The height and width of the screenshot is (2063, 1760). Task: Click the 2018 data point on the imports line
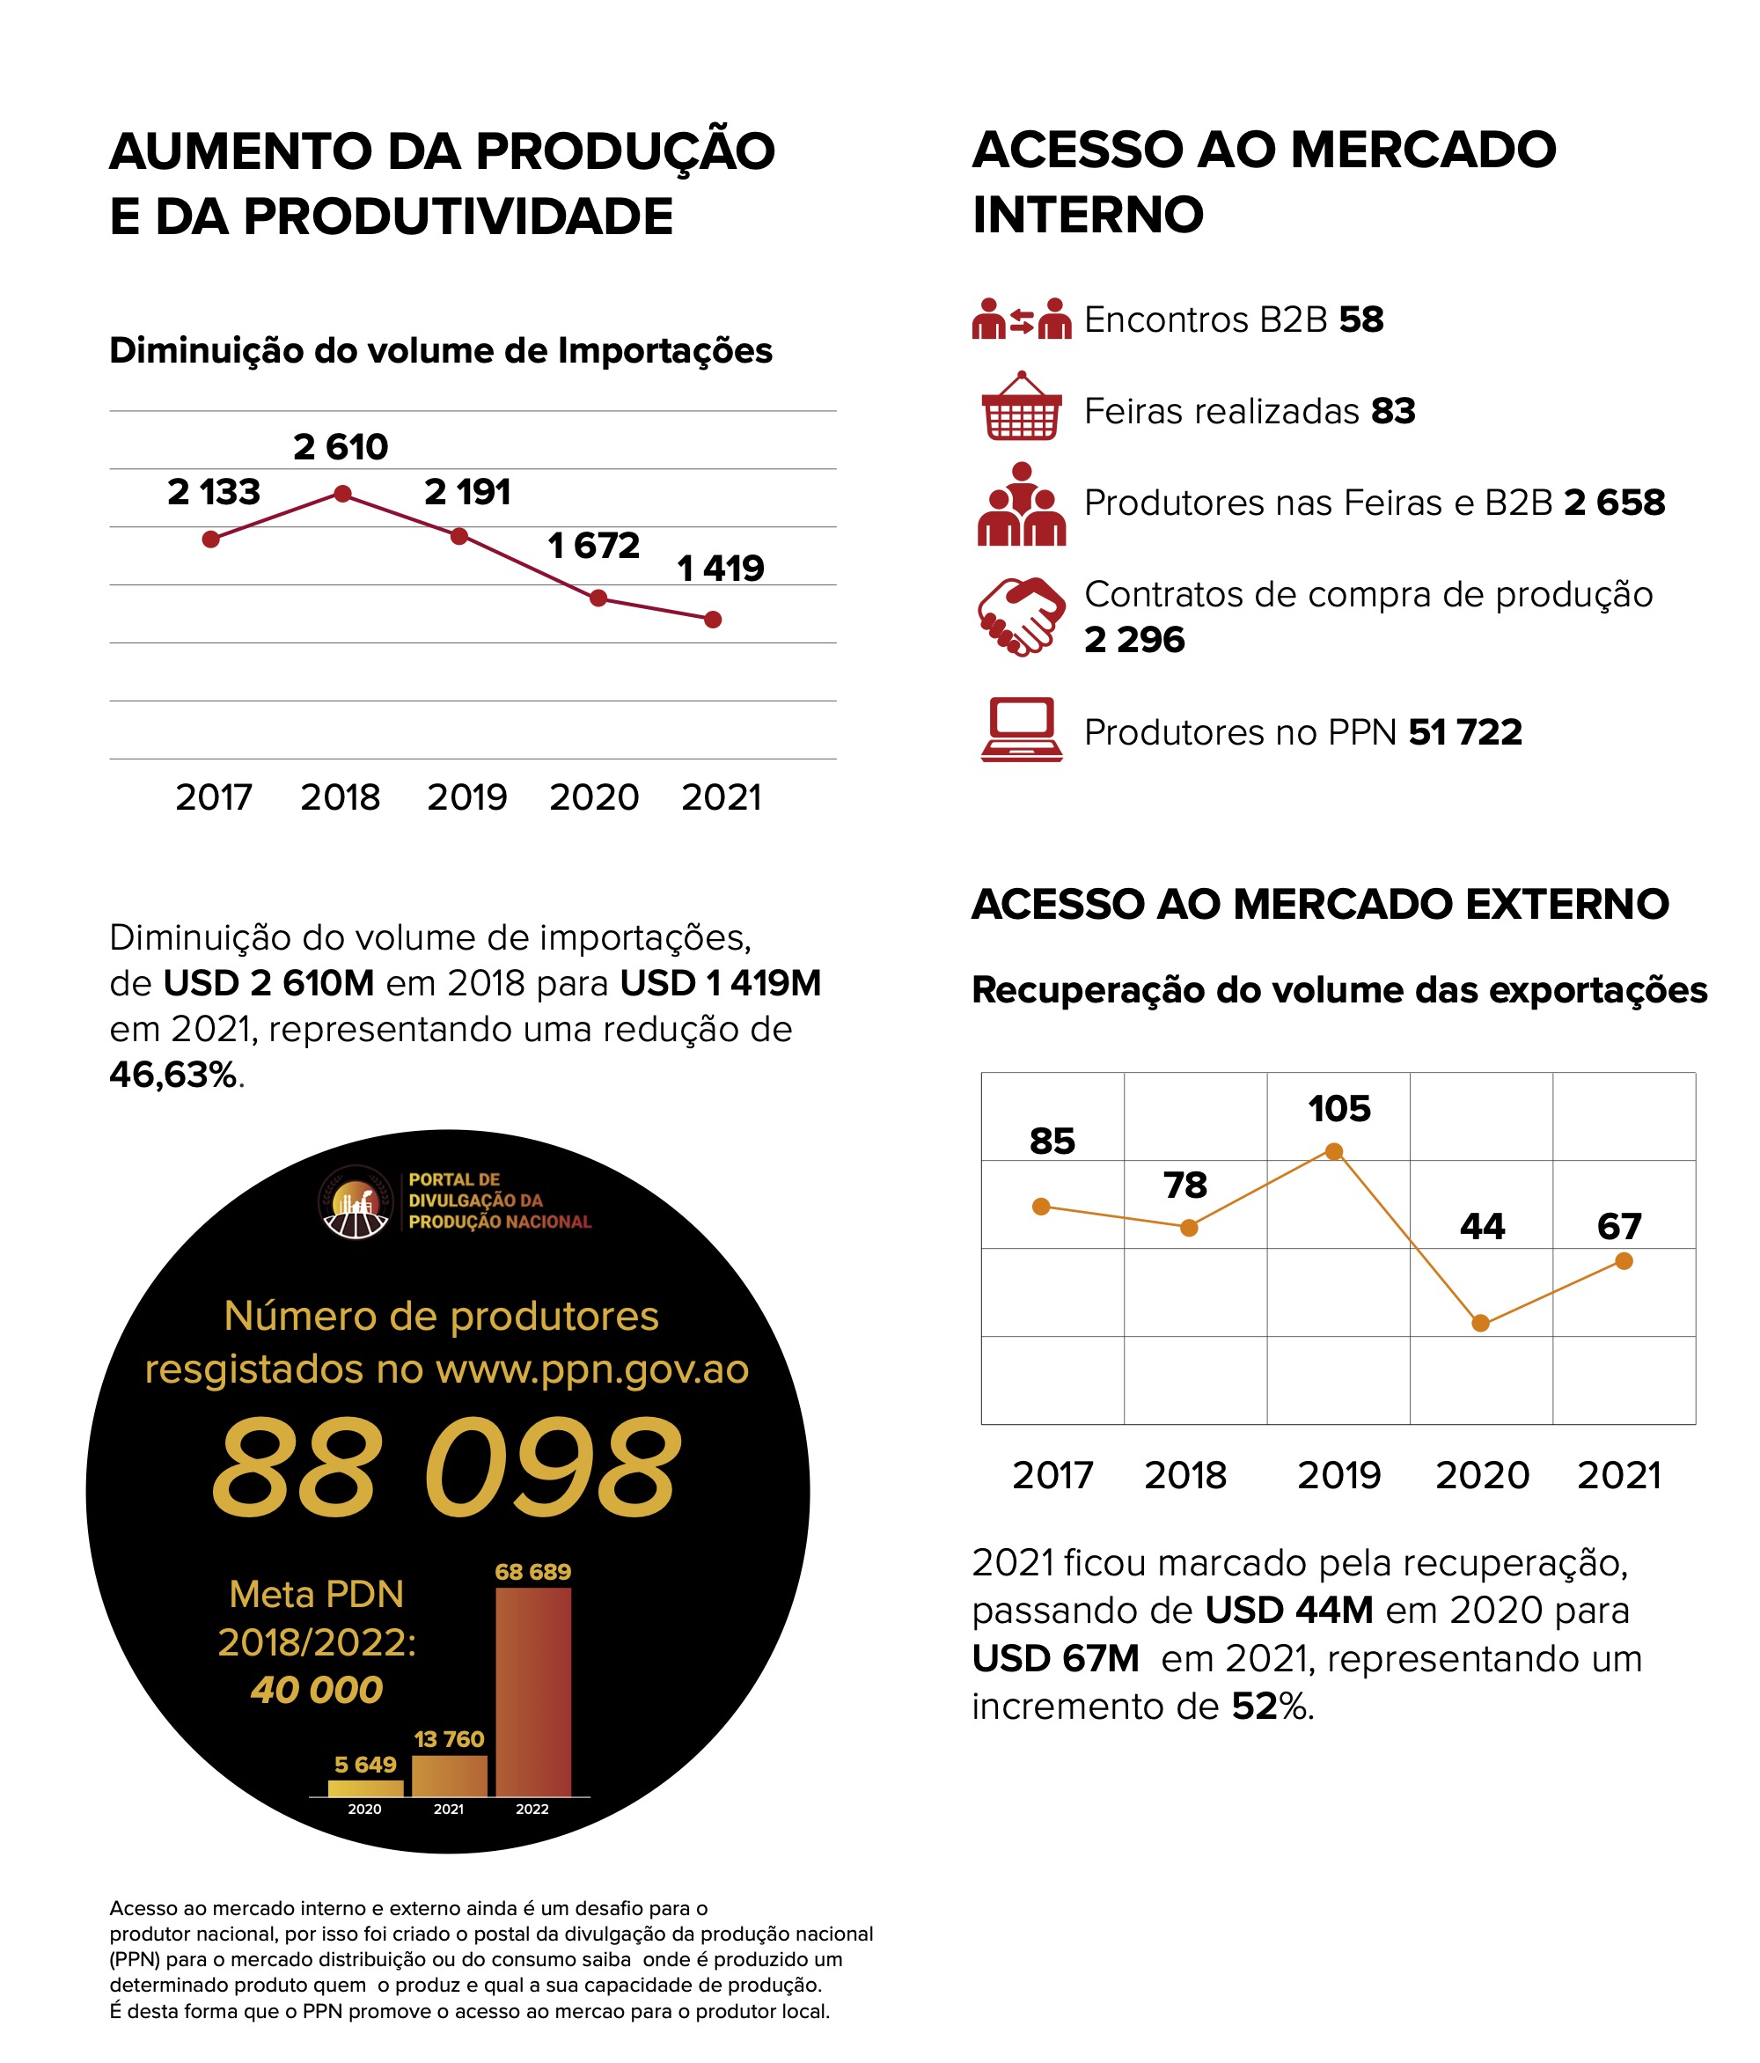342,494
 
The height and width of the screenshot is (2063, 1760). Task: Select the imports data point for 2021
713,620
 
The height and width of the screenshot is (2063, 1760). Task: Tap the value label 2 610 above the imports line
341,447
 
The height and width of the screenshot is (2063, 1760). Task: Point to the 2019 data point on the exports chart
1335,1152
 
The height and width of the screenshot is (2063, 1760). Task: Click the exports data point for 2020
1480,1323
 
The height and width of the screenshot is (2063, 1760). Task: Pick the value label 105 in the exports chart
1338,1109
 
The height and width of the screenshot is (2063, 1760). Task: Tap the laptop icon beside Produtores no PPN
1022,730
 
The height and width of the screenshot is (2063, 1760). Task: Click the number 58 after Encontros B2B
1360,319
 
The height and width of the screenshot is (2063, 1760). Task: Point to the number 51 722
1465,731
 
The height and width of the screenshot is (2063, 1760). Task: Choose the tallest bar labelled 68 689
533,1692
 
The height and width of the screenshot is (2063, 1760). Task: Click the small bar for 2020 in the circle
365,1788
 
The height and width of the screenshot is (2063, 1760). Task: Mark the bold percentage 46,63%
174,1075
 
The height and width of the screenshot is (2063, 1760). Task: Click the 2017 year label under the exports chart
1052,1476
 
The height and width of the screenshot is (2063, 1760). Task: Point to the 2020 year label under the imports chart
594,797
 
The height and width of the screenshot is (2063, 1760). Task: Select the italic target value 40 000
317,1690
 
